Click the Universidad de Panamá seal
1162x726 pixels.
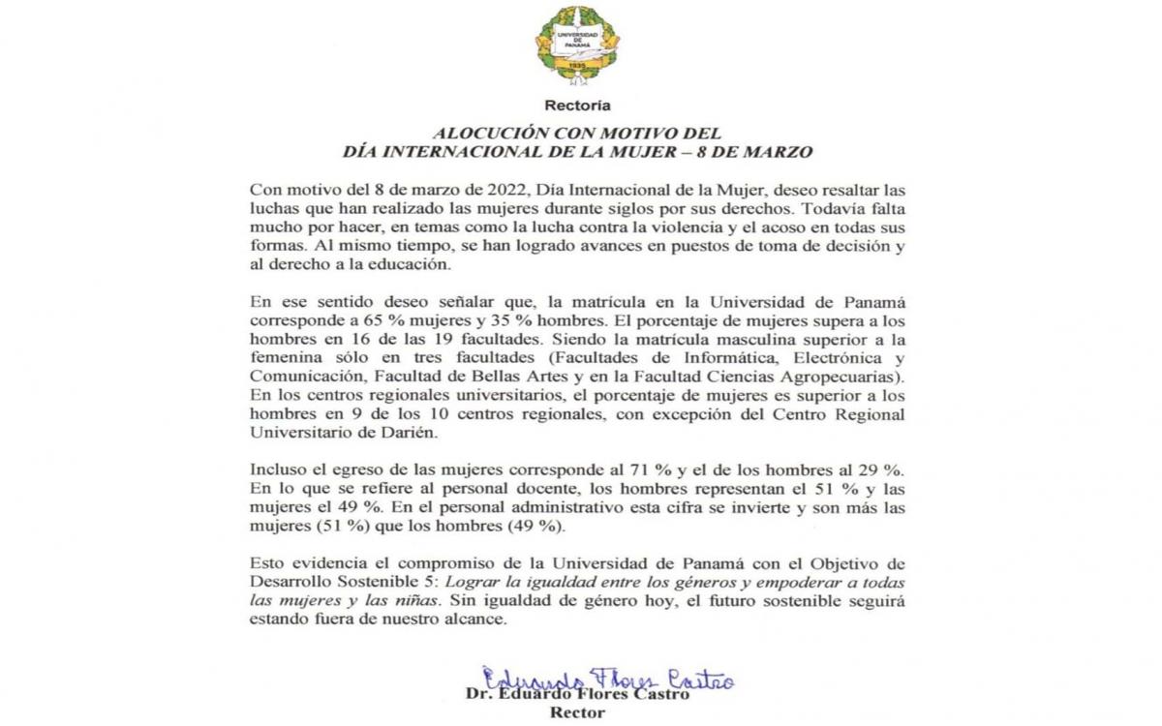pyautogui.click(x=578, y=43)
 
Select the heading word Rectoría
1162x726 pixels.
pyautogui.click(x=578, y=105)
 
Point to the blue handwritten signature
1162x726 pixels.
pyautogui.click(x=608, y=679)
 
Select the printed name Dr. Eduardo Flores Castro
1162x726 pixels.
pyautogui.click(x=578, y=694)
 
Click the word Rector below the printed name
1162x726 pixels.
pyautogui.click(x=578, y=712)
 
